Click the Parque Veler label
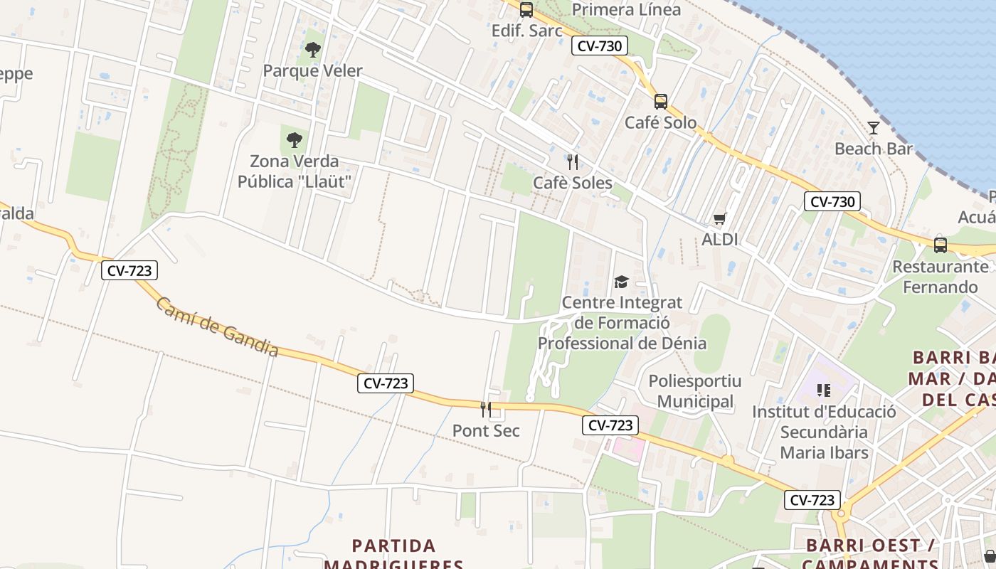(313, 70)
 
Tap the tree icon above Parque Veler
(312, 50)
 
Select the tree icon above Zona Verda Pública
(295, 140)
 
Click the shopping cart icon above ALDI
(720, 219)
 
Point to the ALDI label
(720, 240)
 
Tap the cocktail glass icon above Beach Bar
(874, 128)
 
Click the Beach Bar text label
(874, 149)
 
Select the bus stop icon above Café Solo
(661, 102)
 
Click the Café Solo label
(661, 122)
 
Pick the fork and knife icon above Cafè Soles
(573, 162)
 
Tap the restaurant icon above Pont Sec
(486, 410)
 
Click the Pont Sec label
(486, 430)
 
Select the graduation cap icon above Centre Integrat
(622, 282)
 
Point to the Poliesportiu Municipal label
(695, 391)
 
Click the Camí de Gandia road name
(217, 326)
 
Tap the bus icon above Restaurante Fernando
(941, 245)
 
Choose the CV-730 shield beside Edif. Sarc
(599, 46)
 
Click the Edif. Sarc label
(527, 31)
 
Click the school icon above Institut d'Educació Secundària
(824, 390)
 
